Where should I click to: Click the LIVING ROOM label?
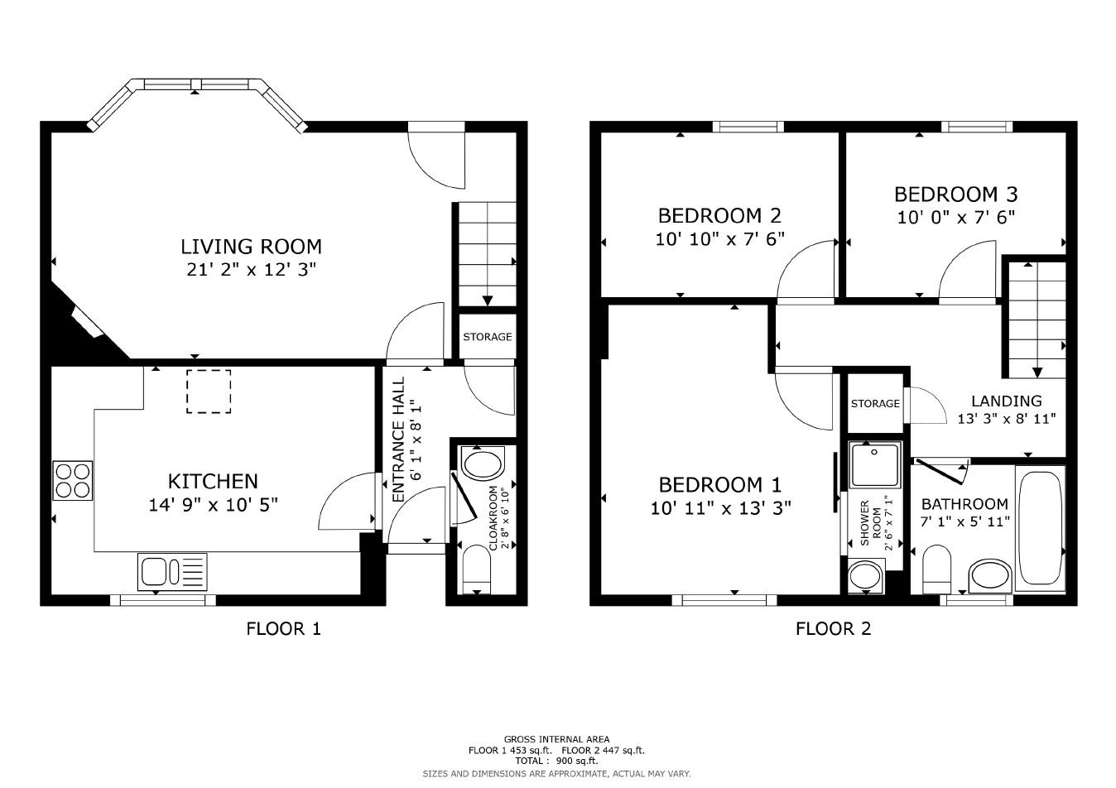click(251, 247)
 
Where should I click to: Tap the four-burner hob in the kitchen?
click(73, 481)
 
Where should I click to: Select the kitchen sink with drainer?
click(172, 572)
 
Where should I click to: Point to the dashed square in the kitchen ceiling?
click(209, 391)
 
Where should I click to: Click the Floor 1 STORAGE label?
click(487, 337)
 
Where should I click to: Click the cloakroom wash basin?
click(483, 462)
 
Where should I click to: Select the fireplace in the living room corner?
click(87, 321)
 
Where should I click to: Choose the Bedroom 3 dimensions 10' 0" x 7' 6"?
click(955, 217)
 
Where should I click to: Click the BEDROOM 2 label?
click(719, 216)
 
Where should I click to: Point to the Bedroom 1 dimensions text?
click(720, 507)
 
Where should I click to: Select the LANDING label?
click(1006, 401)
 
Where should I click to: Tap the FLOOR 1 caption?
click(283, 628)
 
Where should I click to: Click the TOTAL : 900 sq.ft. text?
click(556, 761)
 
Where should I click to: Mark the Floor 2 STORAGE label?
click(875, 403)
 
